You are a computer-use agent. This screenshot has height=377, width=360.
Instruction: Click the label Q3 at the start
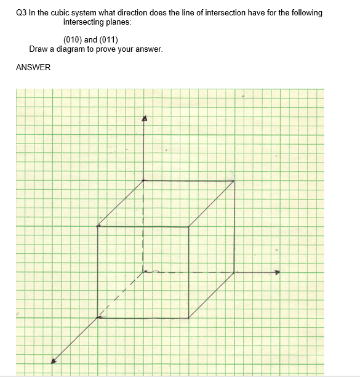22,13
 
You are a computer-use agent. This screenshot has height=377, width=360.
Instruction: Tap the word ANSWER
33,68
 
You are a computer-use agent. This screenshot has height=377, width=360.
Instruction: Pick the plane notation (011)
108,40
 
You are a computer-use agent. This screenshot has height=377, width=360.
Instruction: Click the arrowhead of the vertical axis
145,118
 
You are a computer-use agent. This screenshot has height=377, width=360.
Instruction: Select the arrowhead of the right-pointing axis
277,272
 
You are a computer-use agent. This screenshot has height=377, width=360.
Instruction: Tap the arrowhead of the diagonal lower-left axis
54,362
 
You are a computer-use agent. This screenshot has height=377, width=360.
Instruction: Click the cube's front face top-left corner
98,227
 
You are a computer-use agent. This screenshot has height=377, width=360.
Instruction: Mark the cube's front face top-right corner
188,227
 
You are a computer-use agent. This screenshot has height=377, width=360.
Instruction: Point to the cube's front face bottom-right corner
188,318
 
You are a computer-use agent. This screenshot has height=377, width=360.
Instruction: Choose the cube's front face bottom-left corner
98,318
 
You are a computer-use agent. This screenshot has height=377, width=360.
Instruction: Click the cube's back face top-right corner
234,180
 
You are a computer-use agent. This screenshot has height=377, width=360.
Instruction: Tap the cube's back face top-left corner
144,180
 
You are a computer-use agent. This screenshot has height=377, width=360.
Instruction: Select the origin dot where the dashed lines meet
145,272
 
